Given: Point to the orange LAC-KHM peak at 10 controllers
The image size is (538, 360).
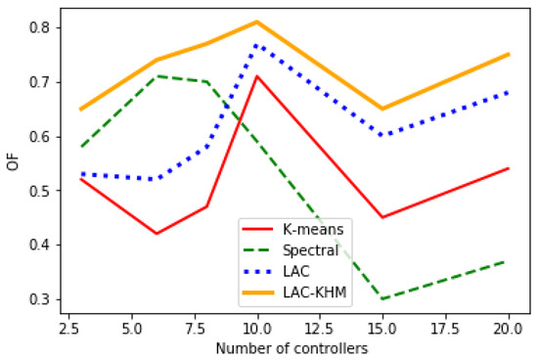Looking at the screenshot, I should [256, 22].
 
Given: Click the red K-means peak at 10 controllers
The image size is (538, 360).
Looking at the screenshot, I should [256, 76].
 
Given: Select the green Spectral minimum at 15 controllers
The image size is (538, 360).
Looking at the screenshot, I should [382, 298].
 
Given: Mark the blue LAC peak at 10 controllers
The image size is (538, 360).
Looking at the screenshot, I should [256, 44].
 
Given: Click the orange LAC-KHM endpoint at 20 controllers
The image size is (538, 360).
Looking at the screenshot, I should [509, 55].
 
